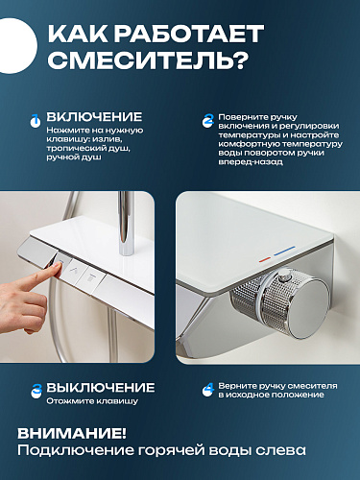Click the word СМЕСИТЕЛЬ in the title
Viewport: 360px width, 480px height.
pyautogui.click(x=148, y=60)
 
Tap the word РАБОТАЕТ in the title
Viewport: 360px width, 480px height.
pyautogui.click(x=189, y=33)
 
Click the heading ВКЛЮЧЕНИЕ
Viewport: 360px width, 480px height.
pyautogui.click(x=94, y=116)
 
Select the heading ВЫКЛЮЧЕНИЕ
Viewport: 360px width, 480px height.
pyautogui.click(x=101, y=388)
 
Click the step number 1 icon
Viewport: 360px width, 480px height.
pyautogui.click(x=35, y=121)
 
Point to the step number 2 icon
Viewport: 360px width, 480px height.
pyautogui.click(x=208, y=121)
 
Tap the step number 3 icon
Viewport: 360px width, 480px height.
pyautogui.click(x=36, y=391)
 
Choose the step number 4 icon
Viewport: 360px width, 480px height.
pyautogui.click(x=208, y=390)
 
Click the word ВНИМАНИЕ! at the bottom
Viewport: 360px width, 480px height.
pyautogui.click(x=72, y=434)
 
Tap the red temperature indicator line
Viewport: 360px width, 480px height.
pyautogui.click(x=265, y=259)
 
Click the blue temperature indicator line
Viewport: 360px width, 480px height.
pyautogui.click(x=284, y=252)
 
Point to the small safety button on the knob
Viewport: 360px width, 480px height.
pyautogui.click(x=284, y=276)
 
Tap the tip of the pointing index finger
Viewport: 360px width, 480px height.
pyautogui.click(x=60, y=266)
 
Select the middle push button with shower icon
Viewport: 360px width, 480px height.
pyautogui.click(x=76, y=273)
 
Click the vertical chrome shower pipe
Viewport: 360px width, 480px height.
pyautogui.click(x=127, y=223)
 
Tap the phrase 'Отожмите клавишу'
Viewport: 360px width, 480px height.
pyautogui.click(x=92, y=401)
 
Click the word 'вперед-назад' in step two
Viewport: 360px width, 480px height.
pyautogui.click(x=251, y=162)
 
